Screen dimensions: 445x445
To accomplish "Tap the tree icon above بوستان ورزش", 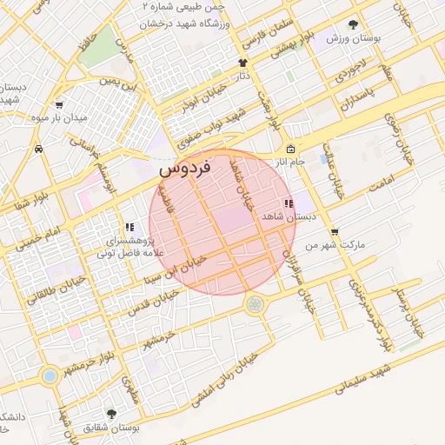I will pos(353,25).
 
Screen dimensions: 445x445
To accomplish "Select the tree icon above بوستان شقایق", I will pos(110,413).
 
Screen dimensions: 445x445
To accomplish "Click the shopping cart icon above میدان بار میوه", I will pos(58,104).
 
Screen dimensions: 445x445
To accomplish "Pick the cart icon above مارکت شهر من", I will pos(335,232).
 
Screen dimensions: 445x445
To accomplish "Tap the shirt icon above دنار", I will pos(242,63).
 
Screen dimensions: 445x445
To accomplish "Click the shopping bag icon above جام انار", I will pos(290,149).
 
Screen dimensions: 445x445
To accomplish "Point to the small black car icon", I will pos(39,149).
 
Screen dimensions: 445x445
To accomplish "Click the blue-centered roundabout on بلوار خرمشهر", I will pos(50,375).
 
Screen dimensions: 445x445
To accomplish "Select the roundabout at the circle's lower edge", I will pos(255,304).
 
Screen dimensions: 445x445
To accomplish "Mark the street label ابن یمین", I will pos(120,85).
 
